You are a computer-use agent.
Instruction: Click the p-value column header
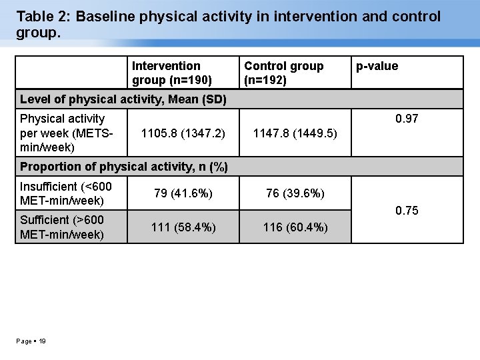coord(377,66)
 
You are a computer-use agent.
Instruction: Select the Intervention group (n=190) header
coord(172,73)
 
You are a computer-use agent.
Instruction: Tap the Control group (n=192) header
coord(283,73)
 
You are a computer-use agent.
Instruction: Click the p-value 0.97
coord(406,119)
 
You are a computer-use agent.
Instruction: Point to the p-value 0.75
coord(406,211)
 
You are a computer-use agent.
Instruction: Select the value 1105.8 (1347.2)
coord(183,133)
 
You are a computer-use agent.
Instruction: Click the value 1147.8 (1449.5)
coord(295,133)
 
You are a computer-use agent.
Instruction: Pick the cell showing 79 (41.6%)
coord(183,193)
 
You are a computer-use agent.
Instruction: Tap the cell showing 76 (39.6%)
coord(295,193)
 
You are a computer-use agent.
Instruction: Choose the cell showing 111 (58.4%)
coord(183,227)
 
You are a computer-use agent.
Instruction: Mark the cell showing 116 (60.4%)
coord(295,227)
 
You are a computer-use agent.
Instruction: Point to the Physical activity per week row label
coord(67,132)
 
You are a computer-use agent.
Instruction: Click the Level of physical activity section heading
coord(123,100)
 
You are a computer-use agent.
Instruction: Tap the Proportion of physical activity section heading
coord(124,166)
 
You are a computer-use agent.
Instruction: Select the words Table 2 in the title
coord(41,16)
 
